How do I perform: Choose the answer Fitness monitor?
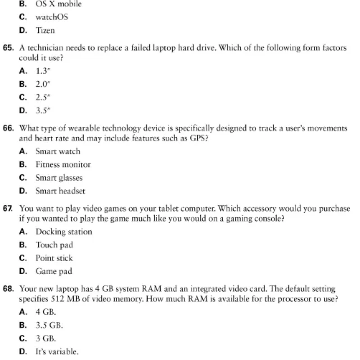pyautogui.click(x=63, y=165)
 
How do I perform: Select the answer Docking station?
pyautogui.click(x=64, y=232)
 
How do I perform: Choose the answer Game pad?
pyautogui.click(x=54, y=271)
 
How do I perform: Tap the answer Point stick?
pyautogui.click(x=54, y=258)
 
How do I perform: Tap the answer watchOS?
pyautogui.click(x=52, y=18)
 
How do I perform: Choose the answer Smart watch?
pyautogui.click(x=58, y=152)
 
